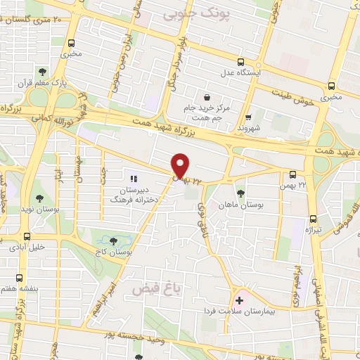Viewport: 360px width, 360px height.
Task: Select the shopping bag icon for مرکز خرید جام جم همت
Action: tap(207, 97)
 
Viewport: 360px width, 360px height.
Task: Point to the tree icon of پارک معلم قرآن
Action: tap(43, 71)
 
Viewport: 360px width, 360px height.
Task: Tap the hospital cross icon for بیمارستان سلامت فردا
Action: tap(239, 300)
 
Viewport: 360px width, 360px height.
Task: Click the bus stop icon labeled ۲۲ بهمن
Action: tap(292, 174)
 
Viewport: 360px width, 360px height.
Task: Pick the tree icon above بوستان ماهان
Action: tap(240, 192)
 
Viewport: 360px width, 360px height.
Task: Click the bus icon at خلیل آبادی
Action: tap(27, 236)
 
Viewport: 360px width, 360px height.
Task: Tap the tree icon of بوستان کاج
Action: tap(114, 241)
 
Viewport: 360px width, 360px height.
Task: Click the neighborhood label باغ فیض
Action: tap(152, 288)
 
